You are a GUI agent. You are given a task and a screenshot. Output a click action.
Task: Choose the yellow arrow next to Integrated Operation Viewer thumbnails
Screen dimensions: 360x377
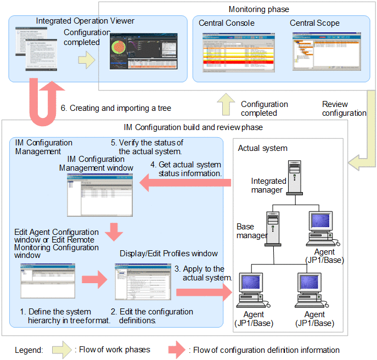point(86,60)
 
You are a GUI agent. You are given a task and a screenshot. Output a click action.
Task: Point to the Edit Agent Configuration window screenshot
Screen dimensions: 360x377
point(47,280)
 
